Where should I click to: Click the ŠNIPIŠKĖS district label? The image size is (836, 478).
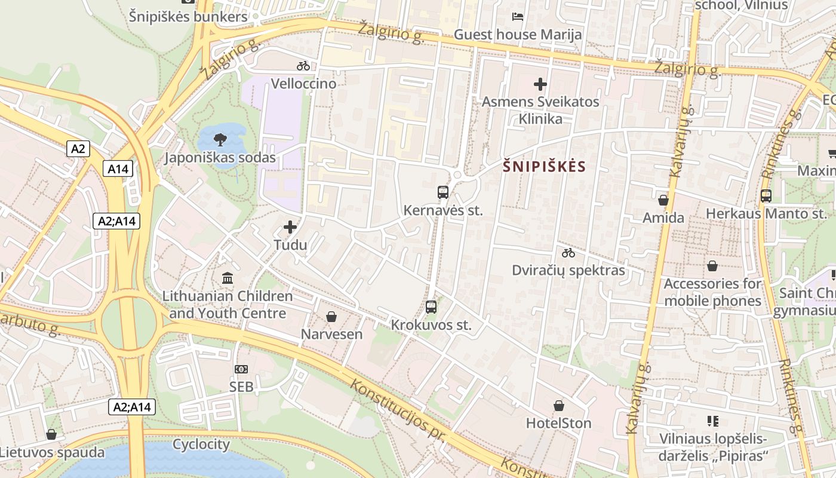[x=544, y=167]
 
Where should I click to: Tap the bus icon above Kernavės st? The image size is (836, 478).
[x=442, y=192]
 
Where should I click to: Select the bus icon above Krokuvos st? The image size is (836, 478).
[x=431, y=307]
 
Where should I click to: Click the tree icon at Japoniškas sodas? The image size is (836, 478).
[x=220, y=140]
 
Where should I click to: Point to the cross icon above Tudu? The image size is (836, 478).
[x=290, y=227]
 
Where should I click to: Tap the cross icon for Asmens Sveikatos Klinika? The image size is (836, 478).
[x=540, y=84]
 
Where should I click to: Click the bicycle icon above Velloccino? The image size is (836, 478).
[x=303, y=66]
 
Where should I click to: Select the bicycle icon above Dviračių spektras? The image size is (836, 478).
[x=568, y=253]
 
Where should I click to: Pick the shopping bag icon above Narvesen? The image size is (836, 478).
[x=331, y=317]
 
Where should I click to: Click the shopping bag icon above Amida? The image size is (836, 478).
[x=663, y=200]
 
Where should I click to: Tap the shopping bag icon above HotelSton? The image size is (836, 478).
[x=558, y=406]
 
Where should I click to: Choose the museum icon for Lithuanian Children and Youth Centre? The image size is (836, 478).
[x=228, y=278]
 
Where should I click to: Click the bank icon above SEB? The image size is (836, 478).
[x=241, y=369]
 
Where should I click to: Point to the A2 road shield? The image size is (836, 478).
[x=78, y=149]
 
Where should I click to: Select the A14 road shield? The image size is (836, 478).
[x=118, y=169]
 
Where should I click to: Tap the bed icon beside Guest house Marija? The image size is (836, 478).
[x=518, y=17]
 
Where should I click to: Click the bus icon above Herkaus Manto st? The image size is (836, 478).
[x=766, y=195]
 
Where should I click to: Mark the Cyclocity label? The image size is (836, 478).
[x=201, y=445]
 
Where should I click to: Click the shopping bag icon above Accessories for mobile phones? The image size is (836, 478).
[x=712, y=266]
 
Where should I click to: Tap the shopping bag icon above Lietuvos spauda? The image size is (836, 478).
[x=51, y=434]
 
